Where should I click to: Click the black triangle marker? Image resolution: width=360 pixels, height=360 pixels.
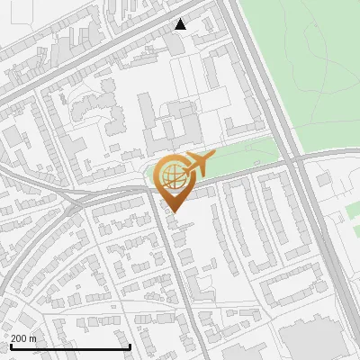pos(181,24)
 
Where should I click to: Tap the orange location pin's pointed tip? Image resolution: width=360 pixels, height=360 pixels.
pos(174,212)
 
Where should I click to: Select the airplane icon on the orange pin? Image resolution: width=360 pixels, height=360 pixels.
pos(199,164)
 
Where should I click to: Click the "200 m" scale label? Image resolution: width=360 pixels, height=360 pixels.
pos(24,337)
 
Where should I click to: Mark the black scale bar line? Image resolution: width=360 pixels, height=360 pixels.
pos(70,346)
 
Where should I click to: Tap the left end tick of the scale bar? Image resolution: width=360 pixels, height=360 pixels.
pos(11,346)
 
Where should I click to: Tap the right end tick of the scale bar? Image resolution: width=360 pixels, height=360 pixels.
pos(130,346)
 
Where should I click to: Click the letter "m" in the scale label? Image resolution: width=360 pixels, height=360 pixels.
pos(33,337)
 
